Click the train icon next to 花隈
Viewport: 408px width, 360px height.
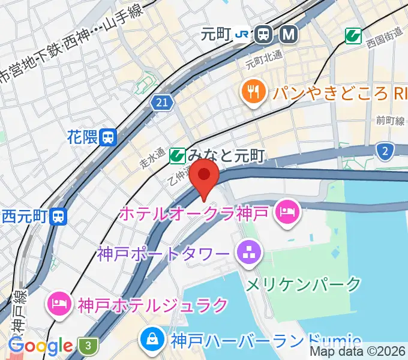pyautogui.click(x=108, y=138)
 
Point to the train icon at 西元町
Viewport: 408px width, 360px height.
pyautogui.click(x=59, y=215)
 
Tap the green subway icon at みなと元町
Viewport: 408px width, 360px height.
pyautogui.click(x=176, y=157)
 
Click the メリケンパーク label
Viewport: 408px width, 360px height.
pyautogui.click(x=304, y=283)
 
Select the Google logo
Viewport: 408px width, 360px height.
pyautogui.click(x=41, y=346)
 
